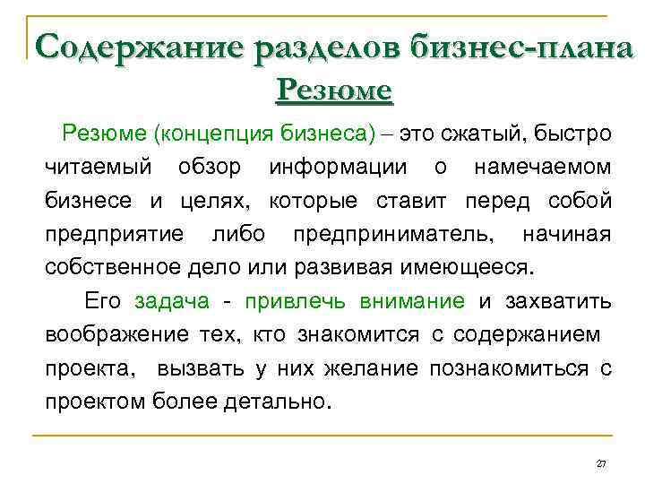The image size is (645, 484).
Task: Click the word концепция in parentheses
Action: [x=207, y=134]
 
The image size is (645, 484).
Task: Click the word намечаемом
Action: [x=543, y=167]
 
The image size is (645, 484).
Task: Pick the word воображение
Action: [x=114, y=334]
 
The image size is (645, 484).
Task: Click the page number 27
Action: [x=601, y=463]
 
